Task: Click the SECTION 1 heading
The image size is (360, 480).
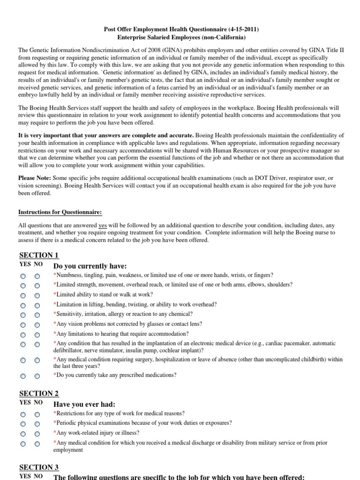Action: [39, 255]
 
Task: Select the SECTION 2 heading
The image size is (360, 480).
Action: [39, 393]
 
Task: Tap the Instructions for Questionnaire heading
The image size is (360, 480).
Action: [60, 212]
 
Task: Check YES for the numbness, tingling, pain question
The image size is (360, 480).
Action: [23, 276]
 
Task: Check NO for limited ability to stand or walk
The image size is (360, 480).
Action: [37, 295]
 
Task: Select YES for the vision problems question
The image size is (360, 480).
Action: [23, 325]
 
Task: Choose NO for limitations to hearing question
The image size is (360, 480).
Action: [37, 335]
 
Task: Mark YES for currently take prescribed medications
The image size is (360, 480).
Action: [23, 376]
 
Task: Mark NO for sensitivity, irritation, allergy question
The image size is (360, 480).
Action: [37, 315]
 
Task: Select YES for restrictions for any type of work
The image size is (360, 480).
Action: [23, 414]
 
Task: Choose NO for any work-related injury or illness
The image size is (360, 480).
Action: [37, 434]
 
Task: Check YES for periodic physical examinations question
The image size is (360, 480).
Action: [23, 424]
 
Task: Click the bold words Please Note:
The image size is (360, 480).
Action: [35, 178]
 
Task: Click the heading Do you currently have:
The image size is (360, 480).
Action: [90, 266]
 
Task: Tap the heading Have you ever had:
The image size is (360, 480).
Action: [84, 404]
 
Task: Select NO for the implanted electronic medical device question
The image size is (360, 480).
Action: [37, 345]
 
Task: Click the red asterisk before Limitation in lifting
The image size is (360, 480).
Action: [55, 304]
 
